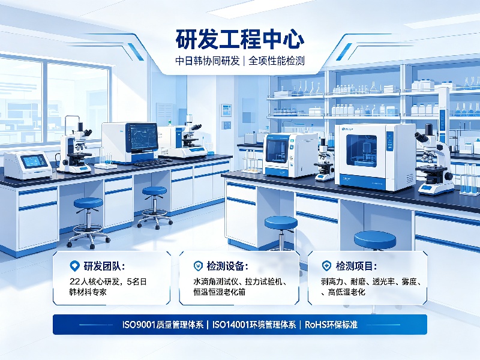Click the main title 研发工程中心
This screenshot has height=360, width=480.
(x=239, y=40)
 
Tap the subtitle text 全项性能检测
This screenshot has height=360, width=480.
(x=277, y=61)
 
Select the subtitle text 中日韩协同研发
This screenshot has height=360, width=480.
(x=207, y=61)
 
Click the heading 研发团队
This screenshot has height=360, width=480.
(x=102, y=266)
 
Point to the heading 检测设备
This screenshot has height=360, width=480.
(x=226, y=266)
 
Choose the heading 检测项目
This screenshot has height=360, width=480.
(x=354, y=266)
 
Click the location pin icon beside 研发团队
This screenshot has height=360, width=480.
(x=74, y=266)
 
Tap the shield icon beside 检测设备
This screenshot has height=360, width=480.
(x=198, y=266)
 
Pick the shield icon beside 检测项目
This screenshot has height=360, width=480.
(x=326, y=266)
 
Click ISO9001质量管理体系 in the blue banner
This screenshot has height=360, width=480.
(x=163, y=325)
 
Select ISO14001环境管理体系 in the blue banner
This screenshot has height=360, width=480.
(x=254, y=325)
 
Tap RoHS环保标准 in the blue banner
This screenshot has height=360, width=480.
(x=331, y=325)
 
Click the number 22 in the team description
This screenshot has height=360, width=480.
(x=74, y=281)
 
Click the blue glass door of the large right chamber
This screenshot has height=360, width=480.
(x=362, y=151)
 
